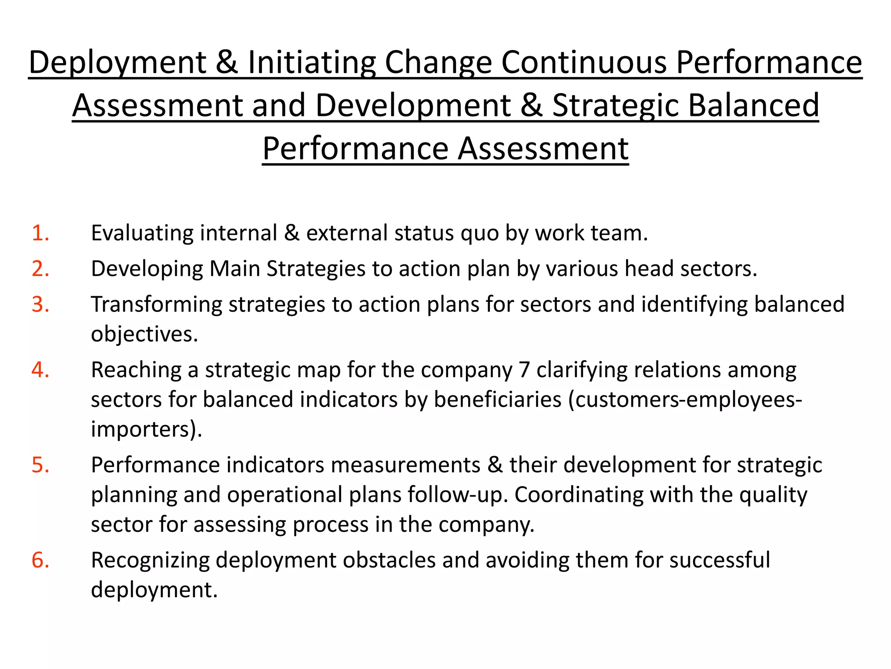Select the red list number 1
[40, 233]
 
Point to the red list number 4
[40, 370]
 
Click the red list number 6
[40, 560]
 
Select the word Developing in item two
[147, 269]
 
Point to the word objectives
[144, 334]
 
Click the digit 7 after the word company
[524, 370]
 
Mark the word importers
[144, 429]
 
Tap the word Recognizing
[150, 560]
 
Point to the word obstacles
[389, 560]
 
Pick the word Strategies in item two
[316, 269]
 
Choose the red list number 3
[40, 304]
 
